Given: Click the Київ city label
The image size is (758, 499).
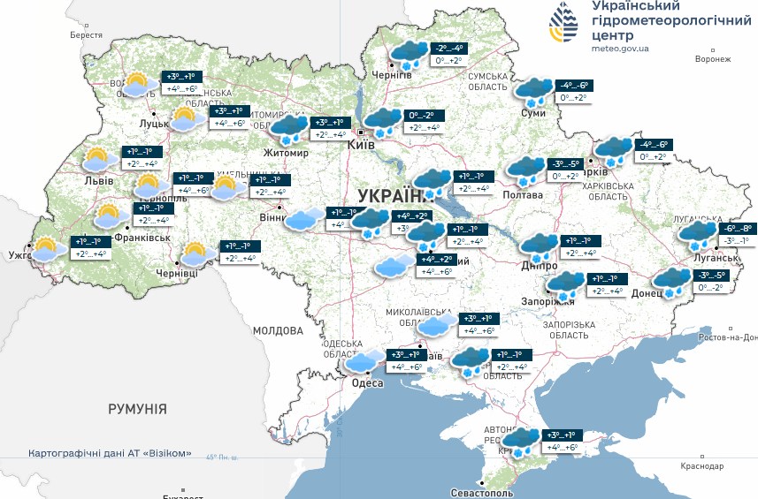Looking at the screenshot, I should [361, 144].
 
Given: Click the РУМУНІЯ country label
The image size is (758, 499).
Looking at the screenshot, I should [137, 409].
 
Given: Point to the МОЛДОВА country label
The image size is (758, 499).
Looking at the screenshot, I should [278, 330].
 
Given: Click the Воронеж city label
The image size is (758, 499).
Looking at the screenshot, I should [713, 60].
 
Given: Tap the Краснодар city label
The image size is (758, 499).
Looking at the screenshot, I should [702, 465].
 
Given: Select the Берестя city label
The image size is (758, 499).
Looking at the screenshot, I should [86, 35].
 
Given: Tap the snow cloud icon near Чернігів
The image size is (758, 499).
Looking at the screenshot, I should [410, 54].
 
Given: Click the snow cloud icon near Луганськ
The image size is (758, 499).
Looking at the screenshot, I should [698, 235].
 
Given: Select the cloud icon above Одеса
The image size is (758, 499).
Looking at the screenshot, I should [364, 360].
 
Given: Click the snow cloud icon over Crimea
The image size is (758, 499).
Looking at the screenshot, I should [522, 440].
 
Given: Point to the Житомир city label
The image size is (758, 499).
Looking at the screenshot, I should [286, 153].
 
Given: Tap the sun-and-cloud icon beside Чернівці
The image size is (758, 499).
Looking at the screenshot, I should [196, 255].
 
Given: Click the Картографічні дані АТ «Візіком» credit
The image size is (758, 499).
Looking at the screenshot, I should [110, 453].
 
